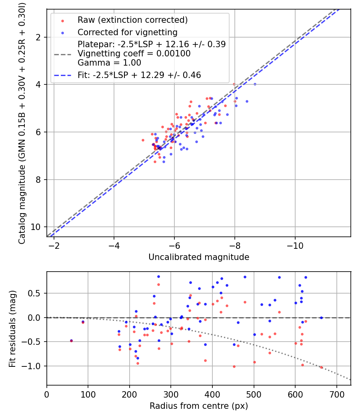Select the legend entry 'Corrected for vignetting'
[x=128, y=32]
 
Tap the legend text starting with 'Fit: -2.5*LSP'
[x=139, y=75]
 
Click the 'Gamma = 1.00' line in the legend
[x=109, y=63]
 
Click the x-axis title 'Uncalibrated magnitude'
[x=199, y=257]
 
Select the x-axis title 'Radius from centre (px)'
[x=199, y=406]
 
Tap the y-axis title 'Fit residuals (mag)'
[x=12, y=328]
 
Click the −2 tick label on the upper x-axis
[x=54, y=245]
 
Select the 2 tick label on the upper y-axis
[x=39, y=37]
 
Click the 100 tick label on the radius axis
[x=88, y=394]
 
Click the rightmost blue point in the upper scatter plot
[x=255, y=84]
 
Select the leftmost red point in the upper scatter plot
[x=143, y=140]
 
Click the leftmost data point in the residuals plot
[x=71, y=340]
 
